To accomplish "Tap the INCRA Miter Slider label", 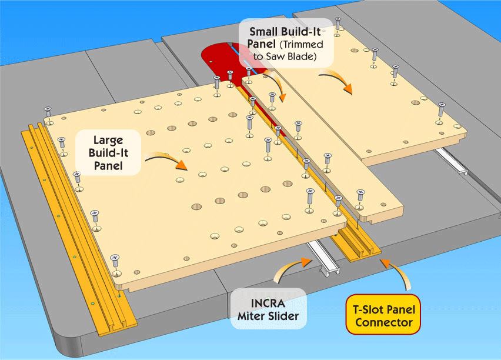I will pyautogui.click(x=269, y=308).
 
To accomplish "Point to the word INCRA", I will pyautogui.click(x=269, y=300).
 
